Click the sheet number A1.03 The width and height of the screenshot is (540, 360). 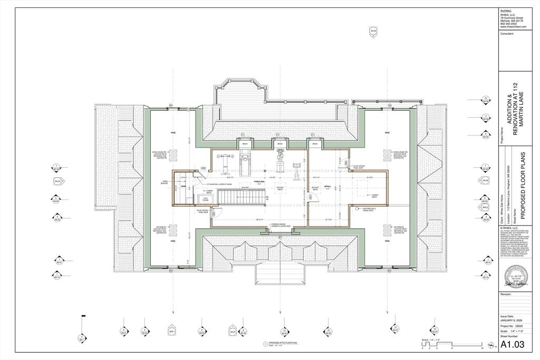click(x=512, y=345)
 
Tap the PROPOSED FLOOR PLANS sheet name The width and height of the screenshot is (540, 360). click(x=523, y=186)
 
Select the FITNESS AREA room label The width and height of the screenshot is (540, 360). click(x=259, y=181)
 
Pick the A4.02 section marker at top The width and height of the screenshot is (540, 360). click(x=373, y=32)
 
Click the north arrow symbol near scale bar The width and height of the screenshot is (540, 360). click(x=491, y=346)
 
